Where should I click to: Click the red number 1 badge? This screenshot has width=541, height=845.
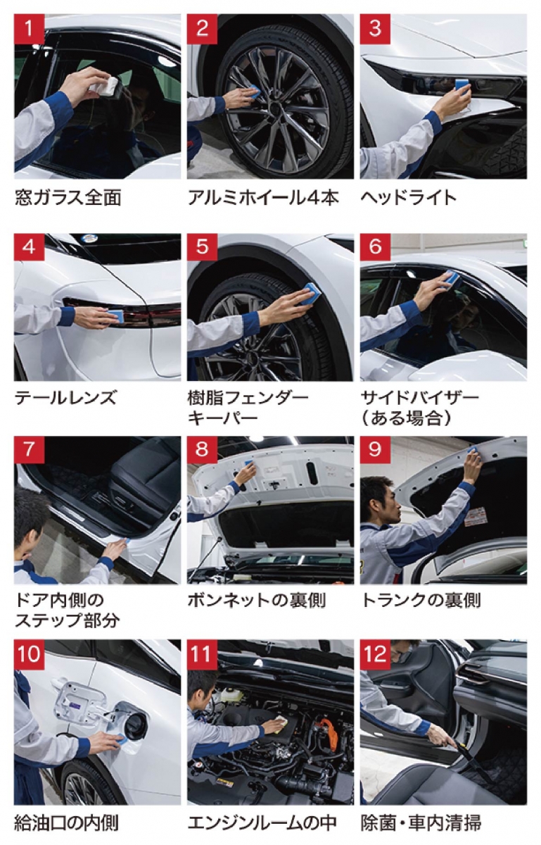point(29,29)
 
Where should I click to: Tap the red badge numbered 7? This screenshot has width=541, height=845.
point(29,451)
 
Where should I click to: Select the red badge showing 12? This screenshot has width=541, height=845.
point(375,654)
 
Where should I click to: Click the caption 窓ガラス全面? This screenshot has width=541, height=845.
point(68,197)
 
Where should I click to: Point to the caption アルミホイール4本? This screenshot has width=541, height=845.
point(263,197)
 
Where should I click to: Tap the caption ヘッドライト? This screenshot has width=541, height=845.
point(408,197)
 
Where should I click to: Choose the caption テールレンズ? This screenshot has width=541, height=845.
point(65,398)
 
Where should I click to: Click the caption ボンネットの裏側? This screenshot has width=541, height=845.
point(256,600)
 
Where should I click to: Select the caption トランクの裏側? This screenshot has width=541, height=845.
point(421,600)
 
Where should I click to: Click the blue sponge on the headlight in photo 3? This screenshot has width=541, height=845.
point(462,85)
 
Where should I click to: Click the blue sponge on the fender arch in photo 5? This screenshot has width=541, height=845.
point(311,294)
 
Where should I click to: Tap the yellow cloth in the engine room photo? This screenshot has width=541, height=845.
point(280,725)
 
